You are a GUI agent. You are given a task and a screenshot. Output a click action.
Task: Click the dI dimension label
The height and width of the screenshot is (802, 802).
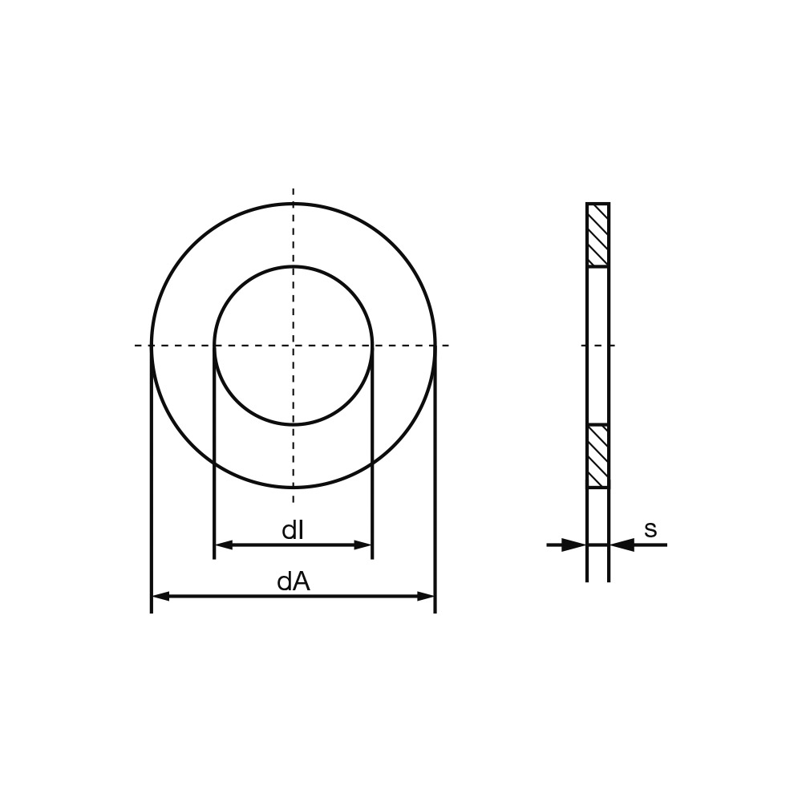point(293,530)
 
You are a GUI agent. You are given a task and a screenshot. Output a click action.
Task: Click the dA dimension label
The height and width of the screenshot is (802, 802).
point(294,581)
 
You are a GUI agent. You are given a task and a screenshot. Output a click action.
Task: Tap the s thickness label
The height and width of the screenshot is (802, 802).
point(650,530)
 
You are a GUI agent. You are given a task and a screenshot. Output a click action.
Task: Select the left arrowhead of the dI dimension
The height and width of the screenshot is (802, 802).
point(224,545)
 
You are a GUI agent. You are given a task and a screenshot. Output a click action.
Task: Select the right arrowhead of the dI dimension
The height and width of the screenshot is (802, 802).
point(363,545)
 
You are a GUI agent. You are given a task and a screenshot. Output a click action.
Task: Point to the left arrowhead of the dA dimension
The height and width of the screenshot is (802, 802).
point(161,596)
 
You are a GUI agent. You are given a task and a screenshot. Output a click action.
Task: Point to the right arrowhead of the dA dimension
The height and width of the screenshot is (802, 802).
point(426,596)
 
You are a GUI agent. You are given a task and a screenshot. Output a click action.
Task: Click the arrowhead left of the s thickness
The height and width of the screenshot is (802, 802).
point(573,545)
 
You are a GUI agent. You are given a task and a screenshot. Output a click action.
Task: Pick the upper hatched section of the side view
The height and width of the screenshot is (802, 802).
point(598,235)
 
